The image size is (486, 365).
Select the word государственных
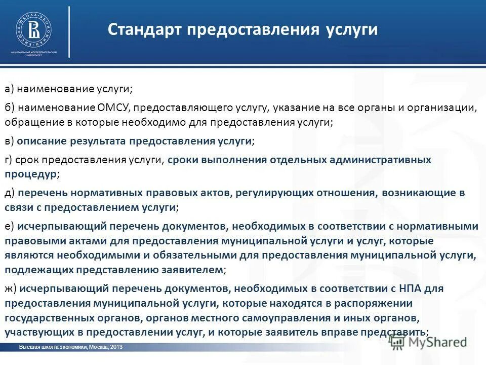point(46,318)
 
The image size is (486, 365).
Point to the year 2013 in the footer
point(116,347)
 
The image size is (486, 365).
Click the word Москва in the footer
point(98,347)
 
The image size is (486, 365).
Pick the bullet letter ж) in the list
point(11,288)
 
